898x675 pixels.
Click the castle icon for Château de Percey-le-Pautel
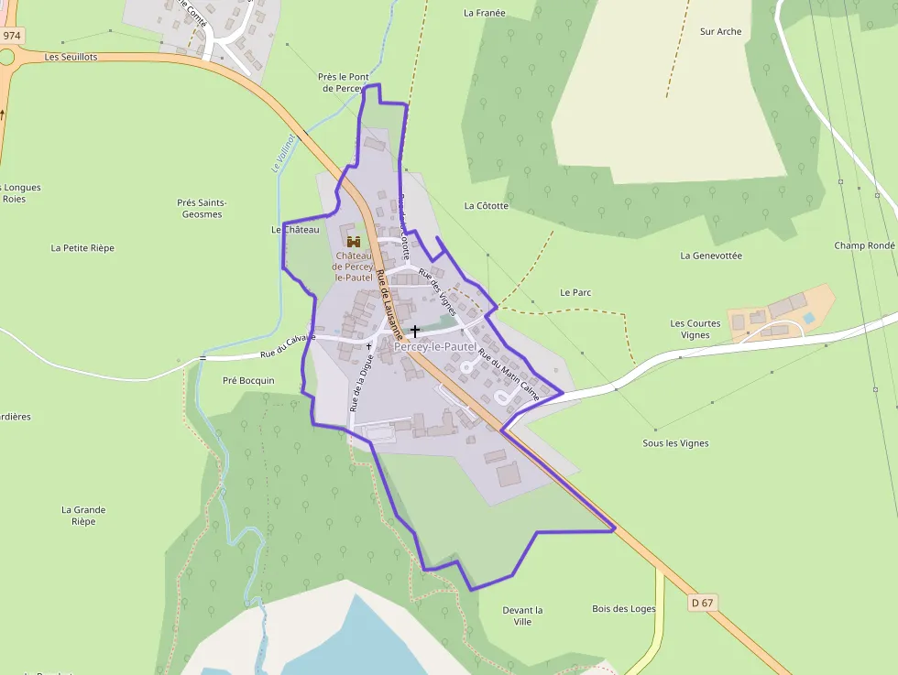click(x=354, y=241)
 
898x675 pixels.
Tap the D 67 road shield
click(x=702, y=603)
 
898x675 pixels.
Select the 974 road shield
click(x=11, y=36)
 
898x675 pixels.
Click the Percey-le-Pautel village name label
click(x=435, y=347)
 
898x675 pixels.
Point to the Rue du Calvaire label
click(x=287, y=346)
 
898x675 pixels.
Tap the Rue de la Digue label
click(x=361, y=383)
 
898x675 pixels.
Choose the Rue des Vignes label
click(x=437, y=291)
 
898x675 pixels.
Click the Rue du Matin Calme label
click(x=509, y=375)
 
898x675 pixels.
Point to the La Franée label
click(x=485, y=13)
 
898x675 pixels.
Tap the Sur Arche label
click(x=720, y=31)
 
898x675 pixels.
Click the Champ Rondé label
click(x=864, y=245)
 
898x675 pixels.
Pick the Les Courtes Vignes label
click(x=695, y=329)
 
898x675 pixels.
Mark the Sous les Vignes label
click(x=675, y=443)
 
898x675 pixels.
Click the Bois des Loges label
click(x=624, y=609)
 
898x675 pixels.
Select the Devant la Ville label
click(x=522, y=615)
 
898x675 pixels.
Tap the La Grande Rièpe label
click(x=83, y=516)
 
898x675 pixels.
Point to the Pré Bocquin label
click(x=248, y=380)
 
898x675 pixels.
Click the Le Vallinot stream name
click(x=283, y=153)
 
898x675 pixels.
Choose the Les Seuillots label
click(x=71, y=57)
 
